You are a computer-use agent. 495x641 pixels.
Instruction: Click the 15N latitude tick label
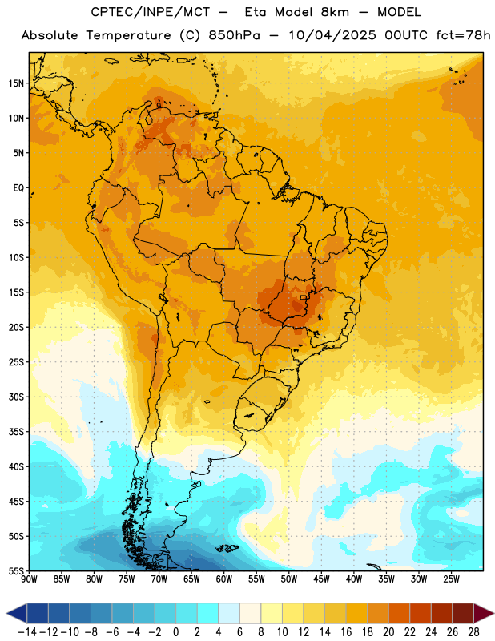[x=16, y=83]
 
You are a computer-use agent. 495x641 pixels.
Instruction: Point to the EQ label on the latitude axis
[x=18, y=188]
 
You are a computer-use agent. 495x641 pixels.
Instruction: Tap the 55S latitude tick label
[x=16, y=570]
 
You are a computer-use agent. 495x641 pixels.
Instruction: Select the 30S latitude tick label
[x=16, y=397]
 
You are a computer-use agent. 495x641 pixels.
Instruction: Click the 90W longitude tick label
[x=30, y=579]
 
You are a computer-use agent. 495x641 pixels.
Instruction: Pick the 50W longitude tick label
[x=289, y=579]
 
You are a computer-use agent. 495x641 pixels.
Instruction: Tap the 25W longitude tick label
[x=451, y=579]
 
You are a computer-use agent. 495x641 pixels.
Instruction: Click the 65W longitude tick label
[x=191, y=579]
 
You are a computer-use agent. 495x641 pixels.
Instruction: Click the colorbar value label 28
[x=473, y=632]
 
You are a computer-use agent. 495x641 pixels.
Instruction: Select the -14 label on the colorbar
[x=27, y=632]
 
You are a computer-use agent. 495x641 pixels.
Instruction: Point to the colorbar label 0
[x=175, y=632]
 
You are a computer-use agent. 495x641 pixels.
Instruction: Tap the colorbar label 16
[x=346, y=632]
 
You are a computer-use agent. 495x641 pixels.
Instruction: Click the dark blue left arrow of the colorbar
[x=17, y=613]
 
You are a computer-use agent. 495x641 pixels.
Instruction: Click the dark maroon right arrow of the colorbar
[x=484, y=613]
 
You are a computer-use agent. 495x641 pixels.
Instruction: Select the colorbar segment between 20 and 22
[x=400, y=613]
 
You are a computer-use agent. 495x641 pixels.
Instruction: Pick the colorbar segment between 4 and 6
[x=229, y=613]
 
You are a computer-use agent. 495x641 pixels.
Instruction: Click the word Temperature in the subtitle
[x=128, y=35]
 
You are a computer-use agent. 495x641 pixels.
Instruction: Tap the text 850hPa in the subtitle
[x=234, y=35]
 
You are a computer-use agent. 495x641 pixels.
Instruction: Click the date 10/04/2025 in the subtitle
[x=332, y=35]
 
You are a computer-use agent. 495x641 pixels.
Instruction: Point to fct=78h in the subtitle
[x=463, y=35]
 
